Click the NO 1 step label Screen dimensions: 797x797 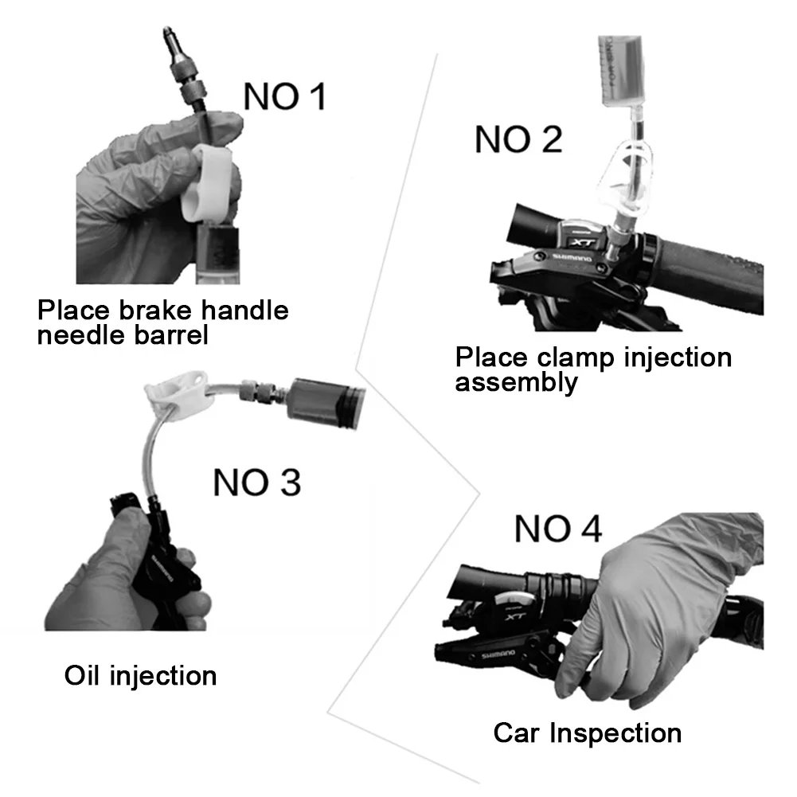click(285, 96)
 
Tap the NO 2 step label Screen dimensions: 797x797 click(518, 139)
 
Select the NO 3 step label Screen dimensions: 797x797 click(256, 482)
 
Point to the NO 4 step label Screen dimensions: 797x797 click(558, 529)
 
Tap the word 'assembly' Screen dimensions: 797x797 click(517, 382)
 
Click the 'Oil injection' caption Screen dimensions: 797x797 click(140, 675)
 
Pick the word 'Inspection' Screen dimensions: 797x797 click(615, 733)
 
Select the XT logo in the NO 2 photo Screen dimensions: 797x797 click(581, 243)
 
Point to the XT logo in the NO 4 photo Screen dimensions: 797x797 click(515, 616)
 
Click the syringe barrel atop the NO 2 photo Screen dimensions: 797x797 click(620, 71)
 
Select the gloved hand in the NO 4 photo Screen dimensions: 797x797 click(656, 608)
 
